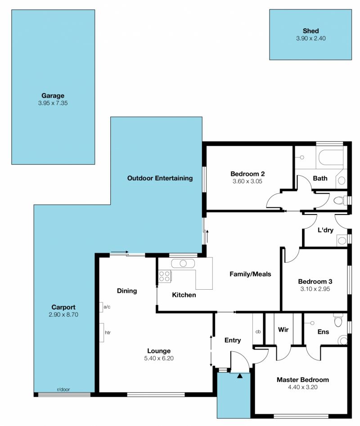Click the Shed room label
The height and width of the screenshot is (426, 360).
point(311,31)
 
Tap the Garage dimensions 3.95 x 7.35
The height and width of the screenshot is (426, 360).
point(53,103)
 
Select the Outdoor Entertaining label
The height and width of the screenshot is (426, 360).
point(160,178)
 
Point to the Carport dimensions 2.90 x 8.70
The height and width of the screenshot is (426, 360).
point(63,314)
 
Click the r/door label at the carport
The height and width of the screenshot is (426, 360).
point(63,389)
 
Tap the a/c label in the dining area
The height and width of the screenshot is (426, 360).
point(107,307)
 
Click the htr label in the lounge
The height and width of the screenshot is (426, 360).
point(108,332)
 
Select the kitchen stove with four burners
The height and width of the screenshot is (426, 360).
point(165,276)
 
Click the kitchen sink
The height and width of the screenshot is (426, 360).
point(183,264)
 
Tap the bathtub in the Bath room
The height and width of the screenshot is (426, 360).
point(331,157)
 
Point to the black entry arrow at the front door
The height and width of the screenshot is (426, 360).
point(240,376)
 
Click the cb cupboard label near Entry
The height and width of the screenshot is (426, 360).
point(258,332)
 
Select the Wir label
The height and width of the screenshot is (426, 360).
point(283,330)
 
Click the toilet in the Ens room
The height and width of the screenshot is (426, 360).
point(338,321)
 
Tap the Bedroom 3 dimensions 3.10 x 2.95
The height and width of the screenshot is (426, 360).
point(315,289)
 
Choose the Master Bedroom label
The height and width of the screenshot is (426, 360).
point(303,380)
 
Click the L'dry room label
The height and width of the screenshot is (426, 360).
point(325,230)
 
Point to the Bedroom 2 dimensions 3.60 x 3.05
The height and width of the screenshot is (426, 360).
point(247,181)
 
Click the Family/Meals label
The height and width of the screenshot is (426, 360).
point(250,274)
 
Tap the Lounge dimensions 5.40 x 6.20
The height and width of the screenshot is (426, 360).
point(159,359)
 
